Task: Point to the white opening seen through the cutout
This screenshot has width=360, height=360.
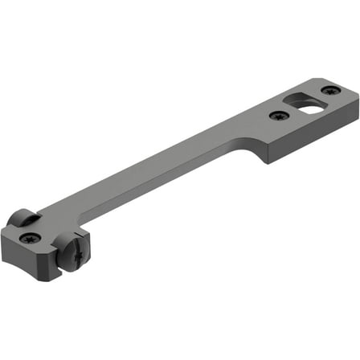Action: (x=309, y=104)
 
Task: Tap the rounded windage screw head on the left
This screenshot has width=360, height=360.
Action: (x=23, y=218)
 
